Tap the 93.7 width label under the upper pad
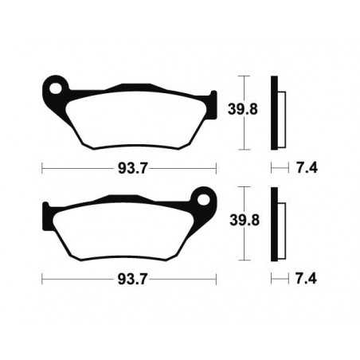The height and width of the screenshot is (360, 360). tap(129, 168)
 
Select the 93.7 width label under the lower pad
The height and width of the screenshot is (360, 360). tap(129, 280)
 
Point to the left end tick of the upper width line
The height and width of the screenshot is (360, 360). tap(42, 168)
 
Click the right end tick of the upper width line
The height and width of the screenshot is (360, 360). tap(216, 168)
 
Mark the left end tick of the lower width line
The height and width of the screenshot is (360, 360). tap(42, 280)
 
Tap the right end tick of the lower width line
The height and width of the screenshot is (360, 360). tap(216, 280)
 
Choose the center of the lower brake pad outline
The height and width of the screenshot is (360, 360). tap(127, 225)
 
